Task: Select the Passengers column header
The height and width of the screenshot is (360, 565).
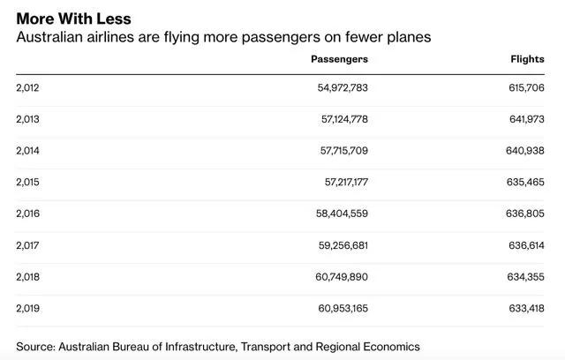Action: (339, 58)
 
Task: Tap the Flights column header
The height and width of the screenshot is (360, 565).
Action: (527, 58)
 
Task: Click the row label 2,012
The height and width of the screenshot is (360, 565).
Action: (27, 87)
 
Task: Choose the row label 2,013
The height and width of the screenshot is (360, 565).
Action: (27, 119)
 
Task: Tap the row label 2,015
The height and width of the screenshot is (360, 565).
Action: (27, 182)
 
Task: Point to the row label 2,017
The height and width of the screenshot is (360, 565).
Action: (27, 245)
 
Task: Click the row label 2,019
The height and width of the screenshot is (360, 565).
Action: (27, 308)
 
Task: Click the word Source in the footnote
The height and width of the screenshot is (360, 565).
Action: (35, 346)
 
